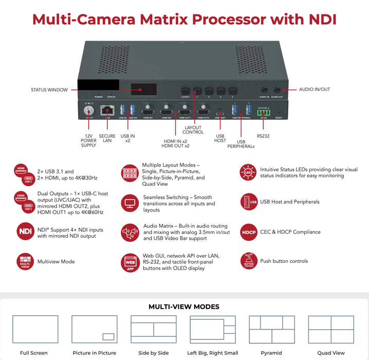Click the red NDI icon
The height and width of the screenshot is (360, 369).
pyautogui.click(x=25, y=231)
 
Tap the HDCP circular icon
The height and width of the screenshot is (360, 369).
pyautogui.click(x=248, y=232)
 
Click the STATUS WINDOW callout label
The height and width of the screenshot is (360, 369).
pyautogui.click(x=49, y=90)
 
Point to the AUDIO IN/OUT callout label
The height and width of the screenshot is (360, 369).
pyautogui.click(x=315, y=89)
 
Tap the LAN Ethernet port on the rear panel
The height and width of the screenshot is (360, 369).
pyautogui.click(x=107, y=111)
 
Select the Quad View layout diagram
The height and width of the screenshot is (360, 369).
pyautogui.click(x=331, y=330)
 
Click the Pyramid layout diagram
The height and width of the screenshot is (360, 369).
pyautogui.click(x=271, y=330)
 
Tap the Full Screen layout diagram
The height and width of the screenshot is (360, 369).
pyautogui.click(x=34, y=330)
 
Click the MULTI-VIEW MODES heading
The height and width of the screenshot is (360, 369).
pyautogui.click(x=184, y=307)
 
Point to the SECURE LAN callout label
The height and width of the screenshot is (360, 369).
pyautogui.click(x=107, y=138)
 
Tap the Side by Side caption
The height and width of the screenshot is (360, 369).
pyautogui.click(x=154, y=353)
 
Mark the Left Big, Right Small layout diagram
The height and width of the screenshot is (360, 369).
pyautogui.click(x=213, y=330)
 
